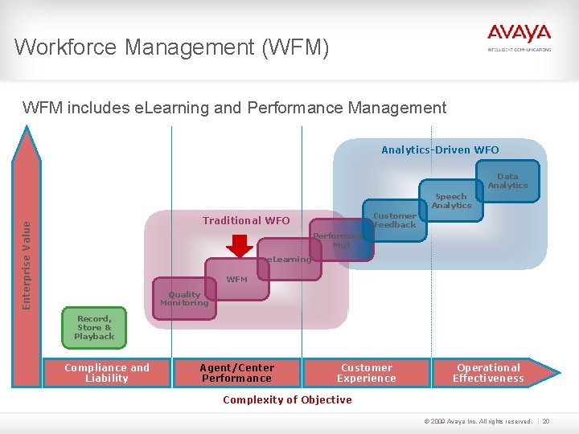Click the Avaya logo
[x=519, y=36]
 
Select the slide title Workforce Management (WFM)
[x=171, y=47]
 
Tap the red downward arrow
[x=240, y=244]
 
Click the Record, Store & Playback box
[x=94, y=327]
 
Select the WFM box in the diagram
[x=236, y=279]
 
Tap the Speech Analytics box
[x=450, y=200]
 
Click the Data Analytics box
[x=507, y=181]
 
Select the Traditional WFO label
[x=246, y=220]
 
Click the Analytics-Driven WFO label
[x=440, y=149]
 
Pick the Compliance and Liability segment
[x=107, y=373]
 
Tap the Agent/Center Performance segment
[x=236, y=373]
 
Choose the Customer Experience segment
[x=367, y=373]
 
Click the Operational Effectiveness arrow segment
[x=489, y=373]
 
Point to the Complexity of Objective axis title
[x=287, y=399]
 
